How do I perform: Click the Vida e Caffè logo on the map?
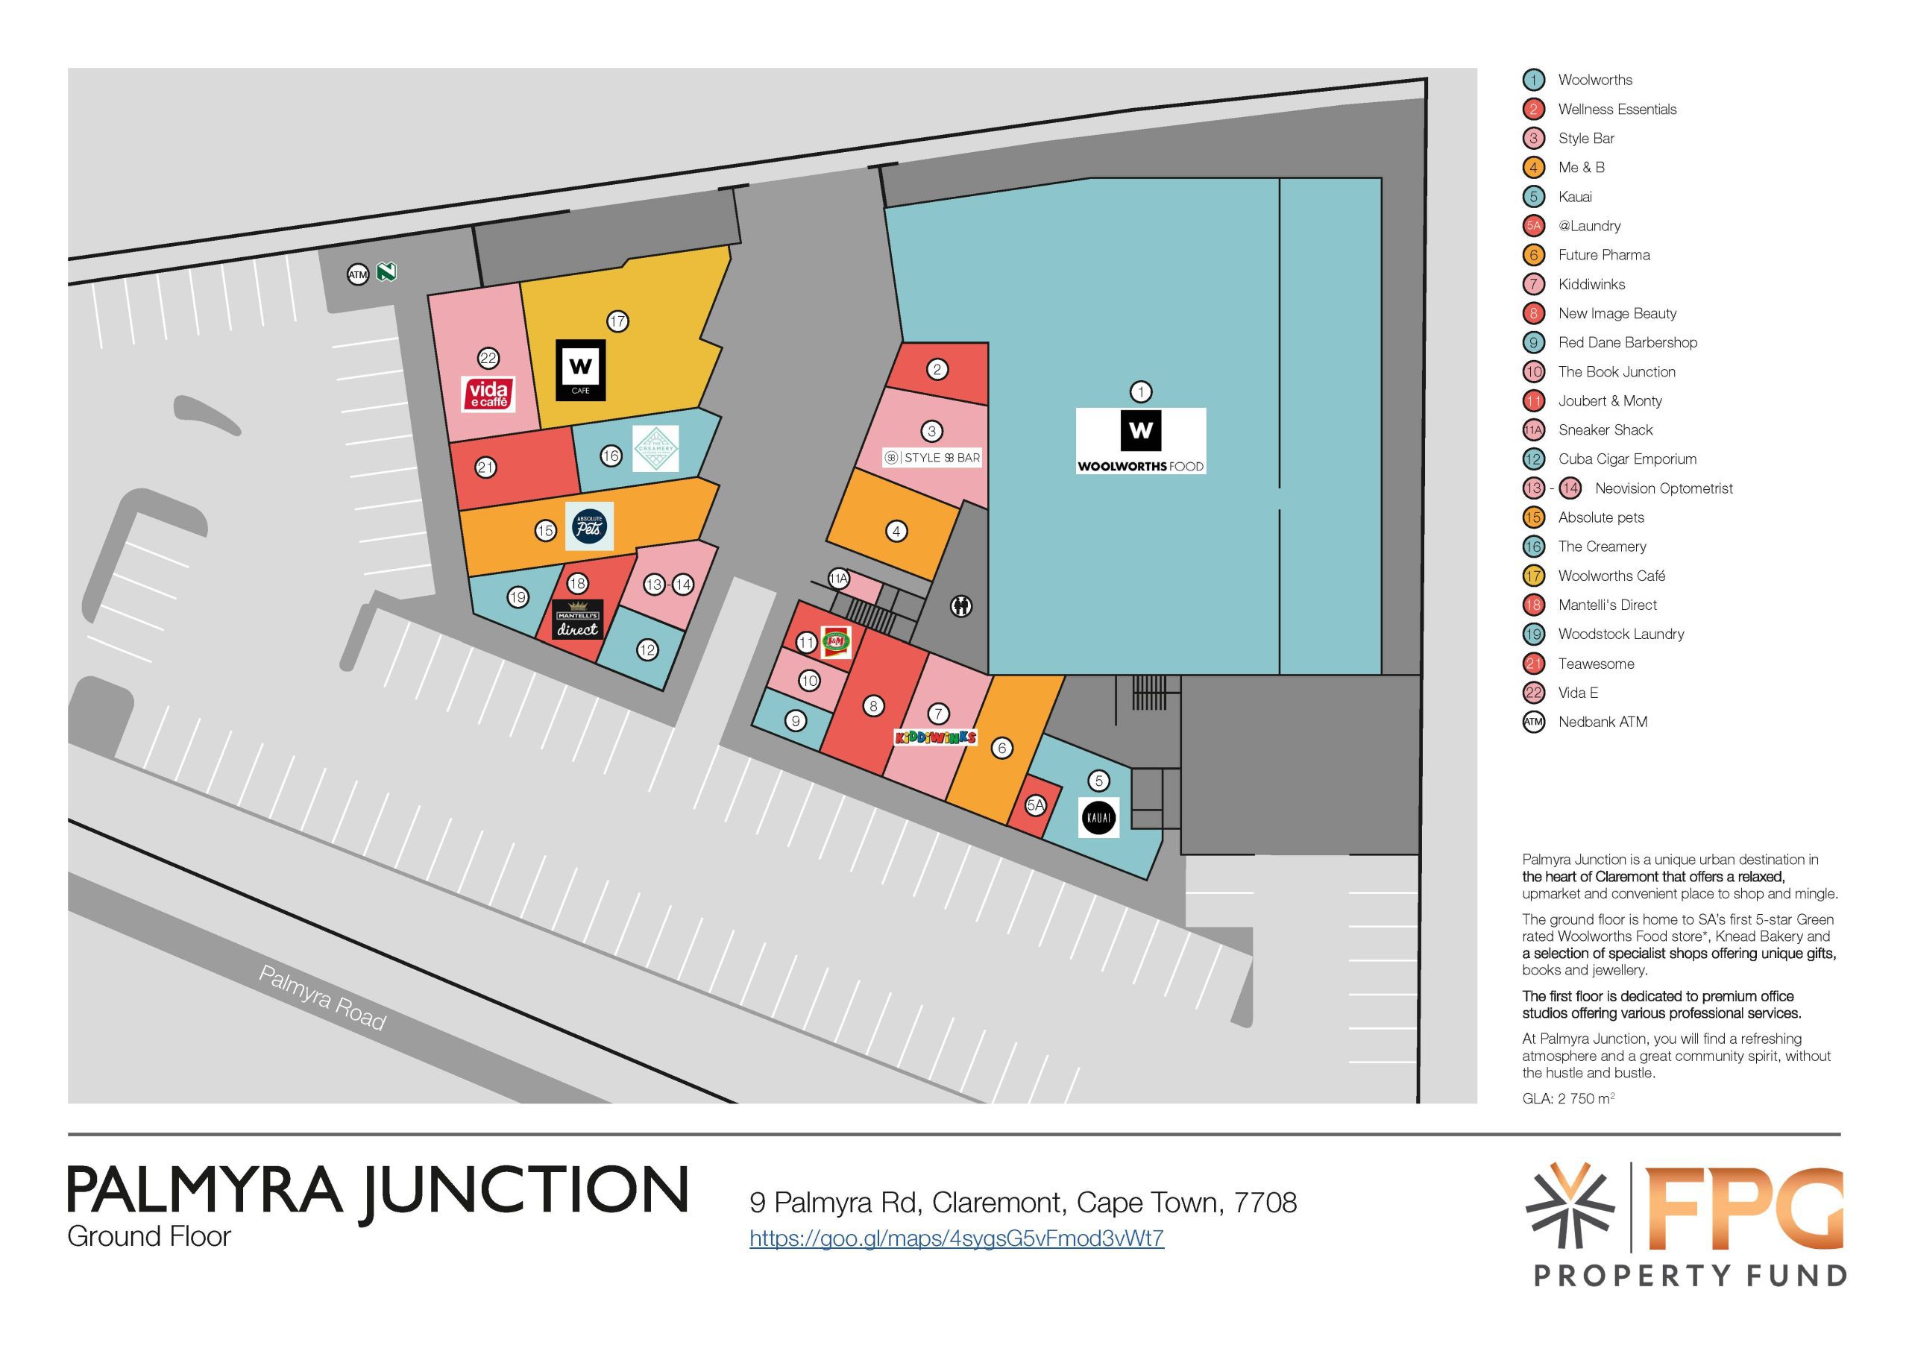click(488, 394)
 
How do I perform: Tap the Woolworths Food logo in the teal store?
click(1140, 441)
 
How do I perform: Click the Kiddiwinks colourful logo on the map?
click(935, 737)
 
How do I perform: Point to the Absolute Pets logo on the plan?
click(589, 526)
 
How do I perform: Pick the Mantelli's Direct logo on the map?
click(578, 620)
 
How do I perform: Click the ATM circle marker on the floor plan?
click(358, 274)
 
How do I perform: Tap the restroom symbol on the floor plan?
click(961, 606)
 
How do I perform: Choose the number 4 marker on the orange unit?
click(896, 531)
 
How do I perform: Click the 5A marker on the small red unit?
click(1035, 804)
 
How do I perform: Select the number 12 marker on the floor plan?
click(648, 649)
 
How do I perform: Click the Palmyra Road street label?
click(322, 998)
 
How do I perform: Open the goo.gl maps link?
click(956, 1238)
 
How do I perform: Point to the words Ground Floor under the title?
click(149, 1235)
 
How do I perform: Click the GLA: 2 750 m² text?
click(1569, 1098)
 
